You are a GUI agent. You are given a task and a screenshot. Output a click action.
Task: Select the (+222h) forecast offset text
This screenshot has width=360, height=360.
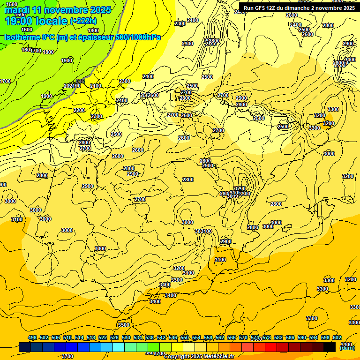[x=83, y=21]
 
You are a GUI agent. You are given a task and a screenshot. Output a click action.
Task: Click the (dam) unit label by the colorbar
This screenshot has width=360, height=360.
[x=347, y=347]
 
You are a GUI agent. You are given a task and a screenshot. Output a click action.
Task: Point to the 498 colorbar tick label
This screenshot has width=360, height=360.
[x=32, y=337]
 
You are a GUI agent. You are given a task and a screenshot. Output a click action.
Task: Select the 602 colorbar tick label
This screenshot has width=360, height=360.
[x=337, y=337]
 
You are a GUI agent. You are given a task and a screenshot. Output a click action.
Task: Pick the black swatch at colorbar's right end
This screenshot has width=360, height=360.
[x=330, y=347]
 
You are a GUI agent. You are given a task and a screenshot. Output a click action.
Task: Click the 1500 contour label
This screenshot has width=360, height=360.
[x=12, y=4]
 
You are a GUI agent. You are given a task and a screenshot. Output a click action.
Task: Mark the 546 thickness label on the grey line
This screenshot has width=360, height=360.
[x=80, y=81]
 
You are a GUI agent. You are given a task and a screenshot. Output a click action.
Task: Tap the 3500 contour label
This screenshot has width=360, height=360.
[x=124, y=325]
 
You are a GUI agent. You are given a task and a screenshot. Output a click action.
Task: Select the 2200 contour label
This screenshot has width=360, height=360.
[x=79, y=111]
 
